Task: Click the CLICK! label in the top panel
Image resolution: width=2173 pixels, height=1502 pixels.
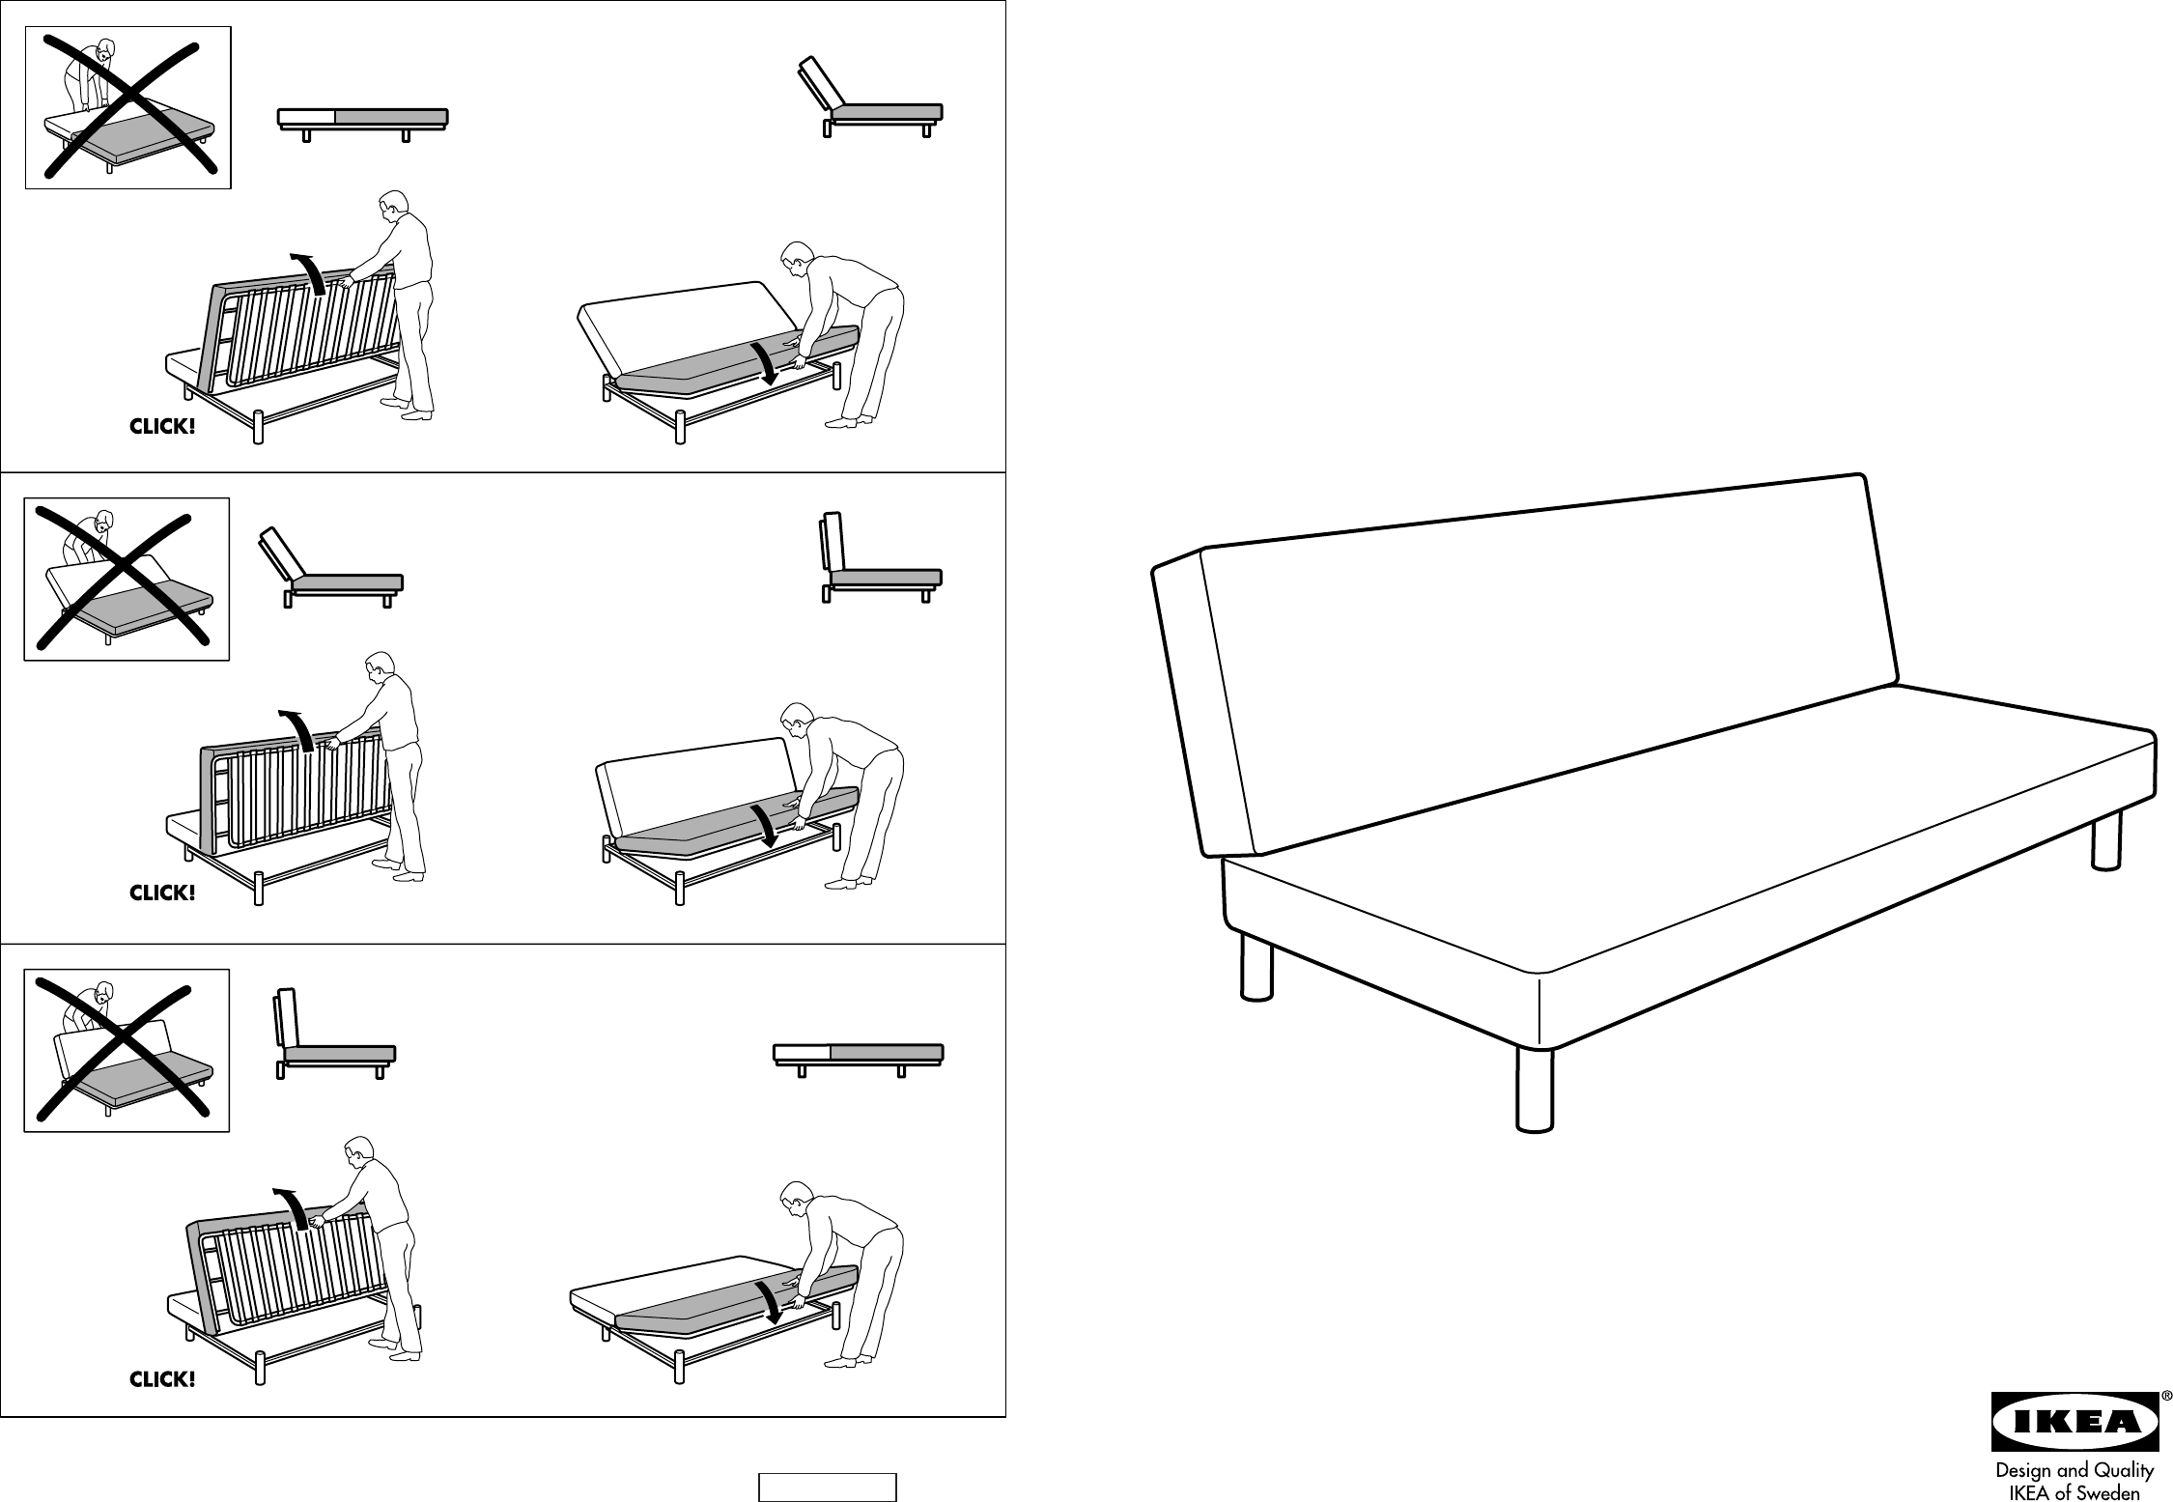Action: coord(162,427)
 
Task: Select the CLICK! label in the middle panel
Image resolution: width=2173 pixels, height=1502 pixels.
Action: coord(162,893)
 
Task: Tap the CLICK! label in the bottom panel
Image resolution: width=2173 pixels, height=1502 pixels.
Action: coord(162,1380)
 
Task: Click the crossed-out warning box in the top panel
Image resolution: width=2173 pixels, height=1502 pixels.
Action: coord(127,107)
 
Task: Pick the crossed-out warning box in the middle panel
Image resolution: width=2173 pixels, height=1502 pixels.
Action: coord(127,579)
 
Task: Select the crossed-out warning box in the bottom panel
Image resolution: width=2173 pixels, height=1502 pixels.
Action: coord(127,1050)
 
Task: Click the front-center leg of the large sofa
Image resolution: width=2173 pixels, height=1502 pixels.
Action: coord(1534,1088)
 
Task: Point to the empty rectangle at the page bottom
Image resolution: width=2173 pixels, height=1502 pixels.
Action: coord(828,1487)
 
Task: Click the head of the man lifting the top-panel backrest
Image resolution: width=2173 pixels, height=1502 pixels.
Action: coord(392,207)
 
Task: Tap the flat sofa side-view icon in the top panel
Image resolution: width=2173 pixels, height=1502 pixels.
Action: coord(363,121)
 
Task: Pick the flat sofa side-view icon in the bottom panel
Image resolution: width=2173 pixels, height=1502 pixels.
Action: coord(859,1057)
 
